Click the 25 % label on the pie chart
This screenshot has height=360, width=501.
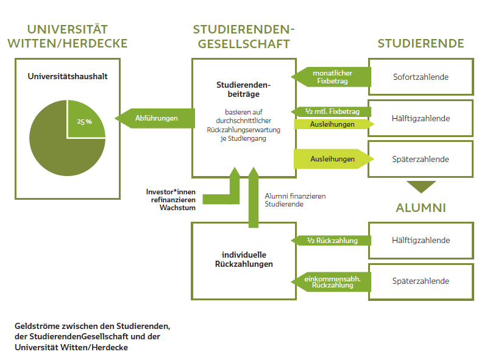coord(84,122)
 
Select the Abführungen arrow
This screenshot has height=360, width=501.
coord(155,118)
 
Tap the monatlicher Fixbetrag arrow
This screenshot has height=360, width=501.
coord(331,77)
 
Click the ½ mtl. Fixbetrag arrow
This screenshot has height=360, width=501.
coord(331,111)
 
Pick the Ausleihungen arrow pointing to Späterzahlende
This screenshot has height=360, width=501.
coord(334,159)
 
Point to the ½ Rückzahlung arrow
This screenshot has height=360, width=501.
coord(331,241)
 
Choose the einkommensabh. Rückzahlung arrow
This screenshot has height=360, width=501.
coord(331,282)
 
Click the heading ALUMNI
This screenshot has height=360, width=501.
coord(421,208)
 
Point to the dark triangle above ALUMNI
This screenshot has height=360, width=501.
coord(421,186)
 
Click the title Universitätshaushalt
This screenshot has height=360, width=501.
coord(68,76)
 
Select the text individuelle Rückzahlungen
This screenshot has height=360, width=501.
coord(244,259)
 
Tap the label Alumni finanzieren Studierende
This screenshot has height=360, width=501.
coord(295,200)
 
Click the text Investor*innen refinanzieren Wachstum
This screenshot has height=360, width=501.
coord(171,200)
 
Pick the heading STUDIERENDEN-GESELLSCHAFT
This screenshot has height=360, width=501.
coord(243,37)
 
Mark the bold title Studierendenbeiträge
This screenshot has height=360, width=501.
coord(243,90)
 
